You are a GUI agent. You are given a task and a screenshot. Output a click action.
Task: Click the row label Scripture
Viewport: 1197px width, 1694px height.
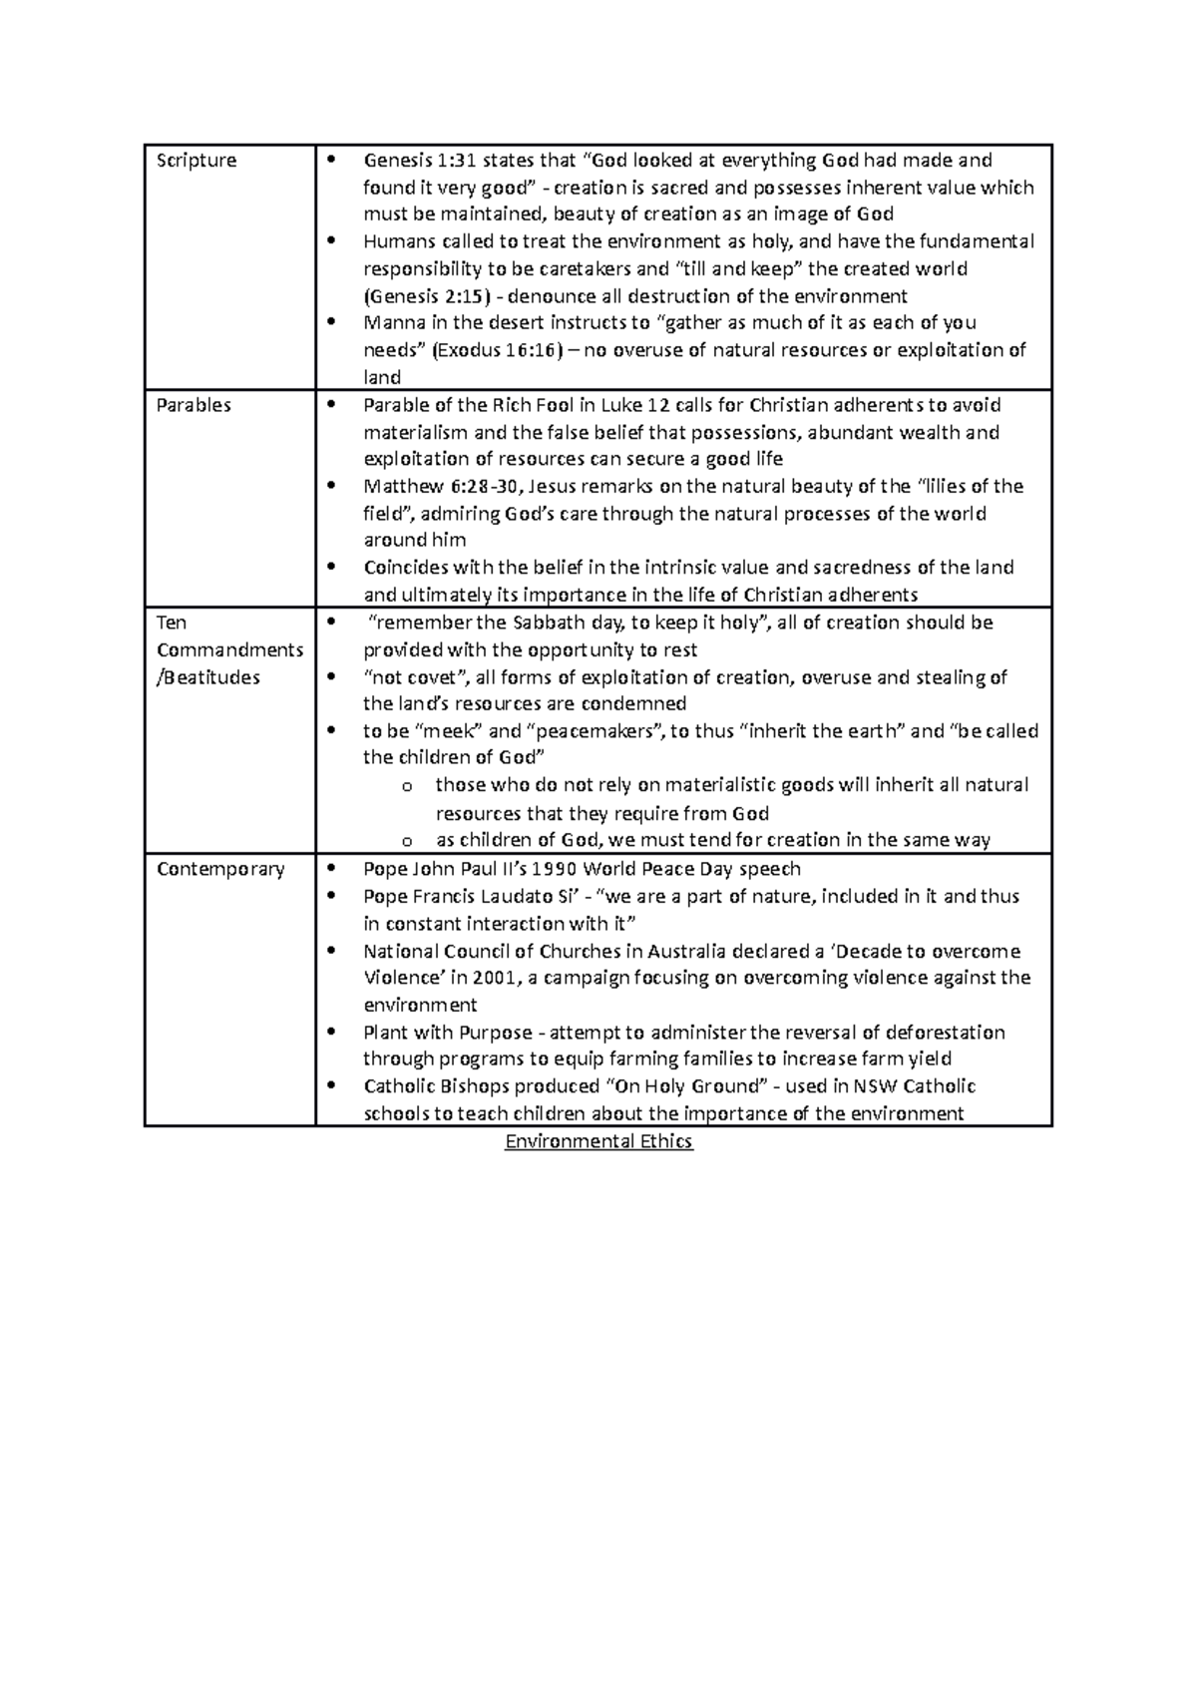[x=197, y=161]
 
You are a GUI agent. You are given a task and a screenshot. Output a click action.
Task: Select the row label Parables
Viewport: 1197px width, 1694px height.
[x=194, y=405]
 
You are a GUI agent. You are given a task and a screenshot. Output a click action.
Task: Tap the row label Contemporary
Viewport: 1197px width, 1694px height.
[x=220, y=869]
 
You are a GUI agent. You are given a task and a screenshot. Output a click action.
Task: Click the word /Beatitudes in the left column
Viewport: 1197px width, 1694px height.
[x=208, y=677]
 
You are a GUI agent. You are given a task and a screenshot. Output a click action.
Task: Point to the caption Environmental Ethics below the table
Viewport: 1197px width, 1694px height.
[x=598, y=1141]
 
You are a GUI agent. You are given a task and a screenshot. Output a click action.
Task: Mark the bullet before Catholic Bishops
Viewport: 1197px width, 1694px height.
[x=333, y=1086]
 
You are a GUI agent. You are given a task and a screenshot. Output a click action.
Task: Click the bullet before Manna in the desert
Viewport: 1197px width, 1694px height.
[x=333, y=323]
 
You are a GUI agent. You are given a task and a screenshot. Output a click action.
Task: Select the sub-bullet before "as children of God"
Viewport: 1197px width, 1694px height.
[x=406, y=841]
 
